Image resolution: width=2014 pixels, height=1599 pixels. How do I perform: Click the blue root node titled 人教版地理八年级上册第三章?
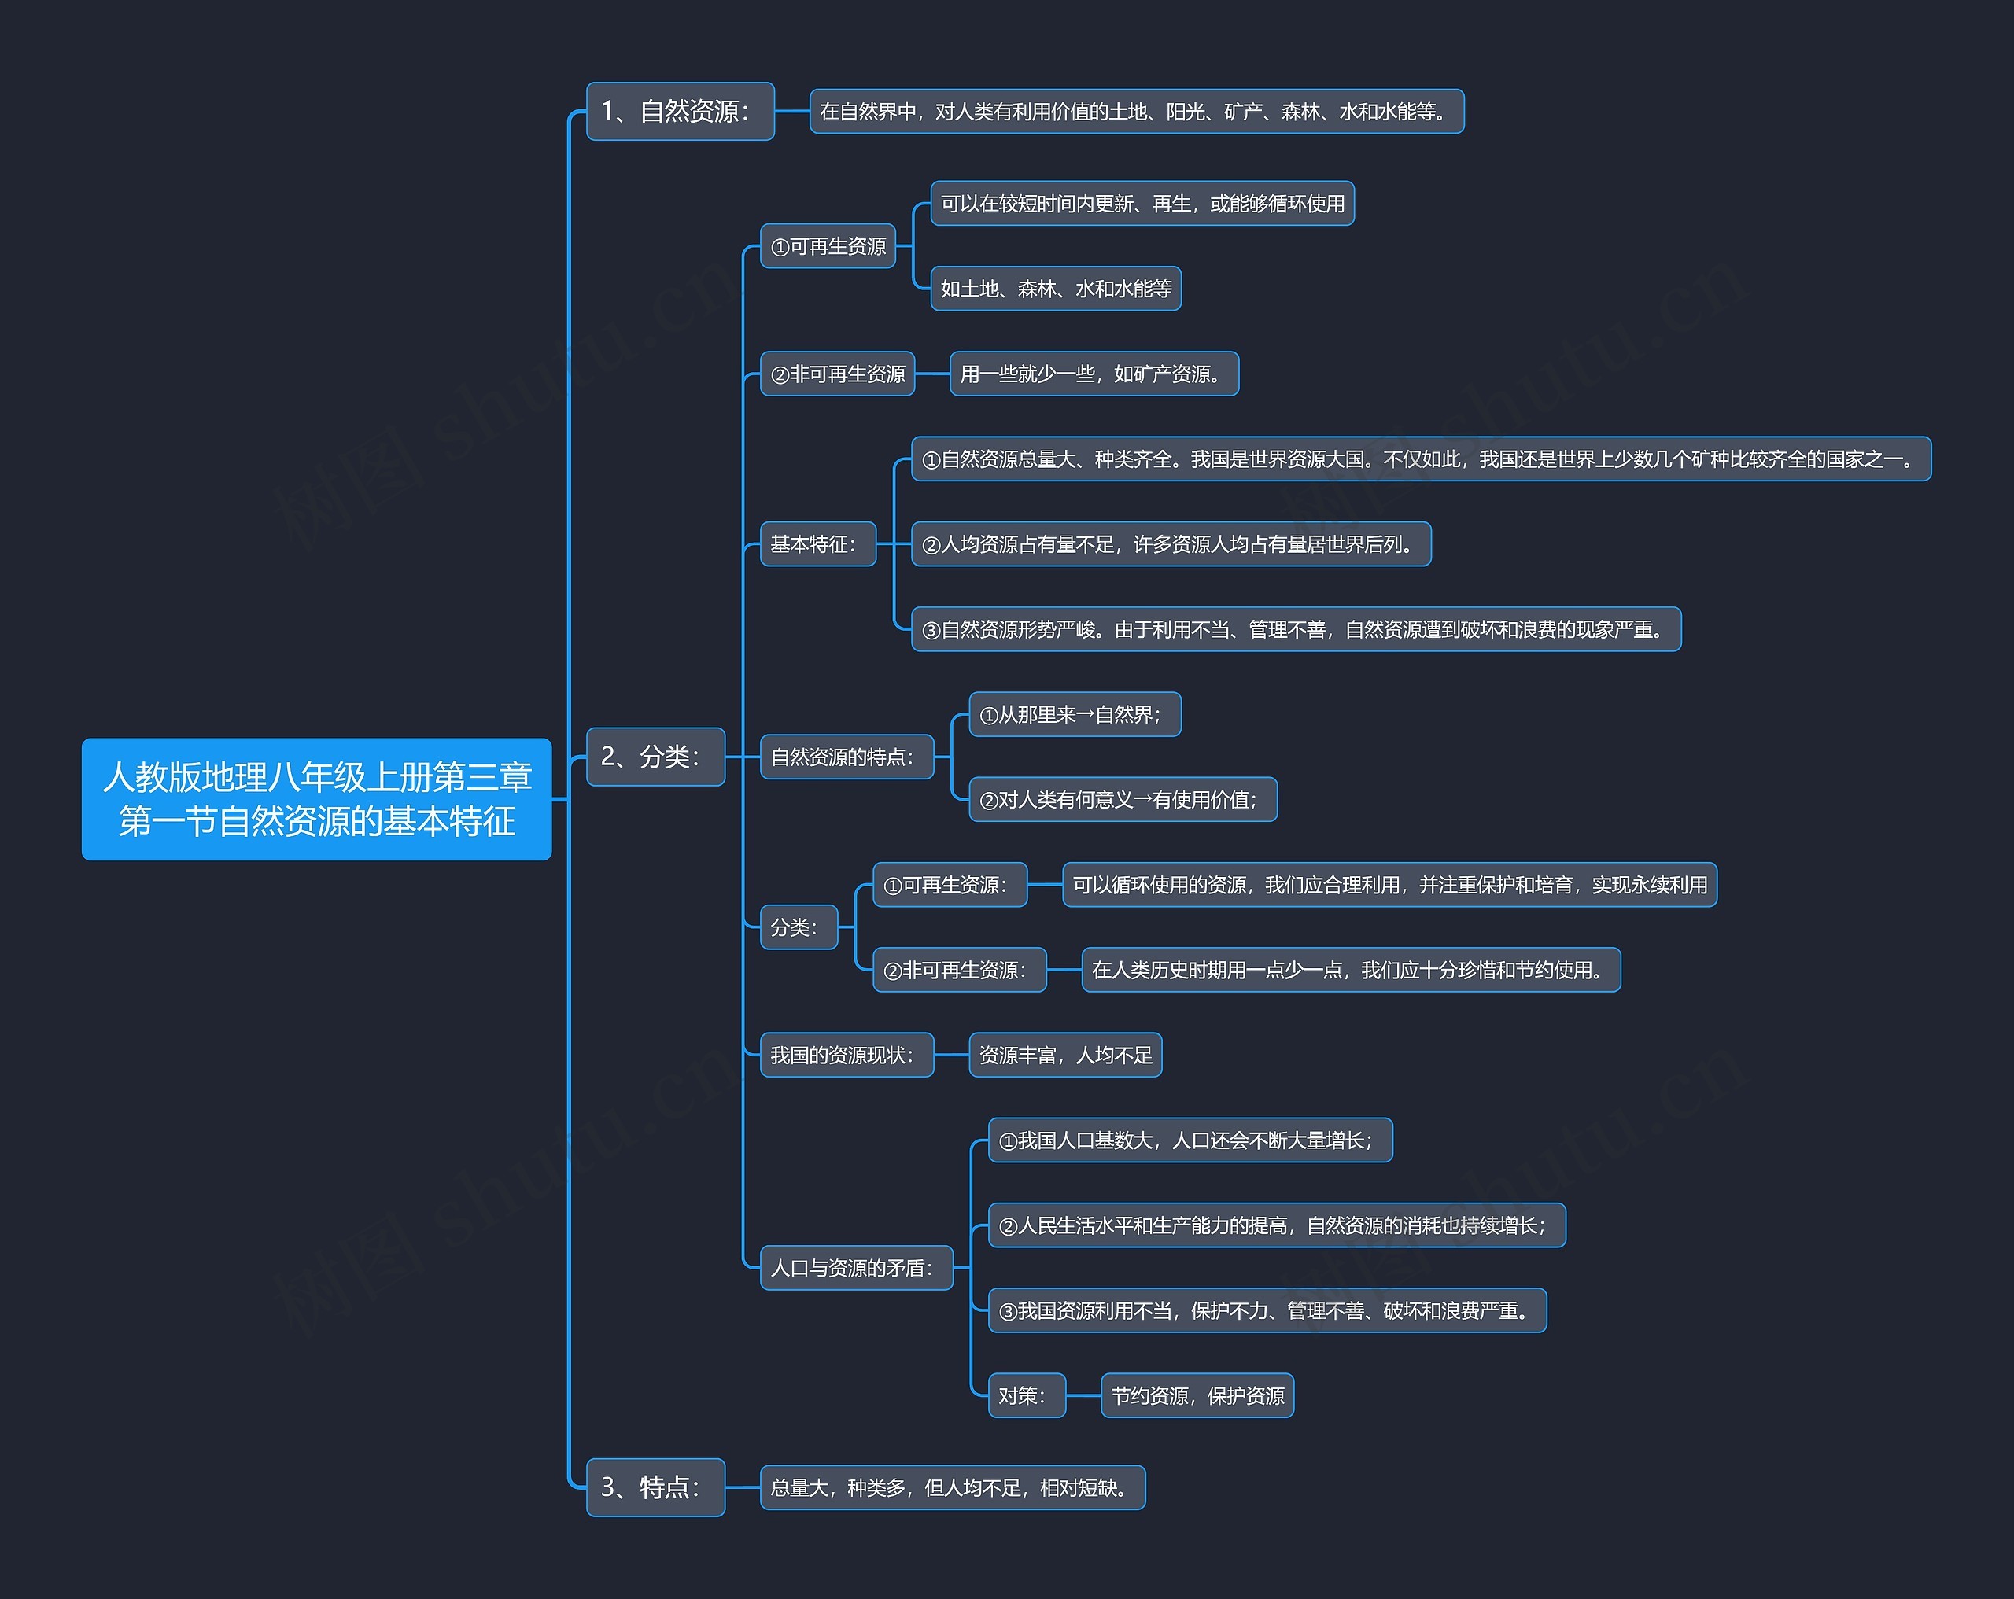click(317, 798)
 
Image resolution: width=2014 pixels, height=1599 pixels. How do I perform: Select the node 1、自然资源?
click(679, 111)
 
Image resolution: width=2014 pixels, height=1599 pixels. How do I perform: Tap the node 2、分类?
click(655, 757)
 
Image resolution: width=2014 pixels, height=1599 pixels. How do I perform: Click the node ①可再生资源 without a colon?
click(828, 247)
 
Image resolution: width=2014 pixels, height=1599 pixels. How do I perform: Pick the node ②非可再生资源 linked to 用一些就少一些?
click(837, 374)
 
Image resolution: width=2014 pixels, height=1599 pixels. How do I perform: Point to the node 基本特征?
click(817, 543)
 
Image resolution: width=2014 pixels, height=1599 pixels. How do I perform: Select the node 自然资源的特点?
click(847, 757)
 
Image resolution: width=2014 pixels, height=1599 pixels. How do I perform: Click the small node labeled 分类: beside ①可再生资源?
click(799, 927)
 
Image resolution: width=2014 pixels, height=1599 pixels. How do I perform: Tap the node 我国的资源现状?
click(847, 1056)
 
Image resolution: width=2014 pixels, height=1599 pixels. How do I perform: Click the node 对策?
click(1027, 1395)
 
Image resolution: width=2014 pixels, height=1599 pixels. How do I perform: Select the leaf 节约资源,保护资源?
click(1197, 1395)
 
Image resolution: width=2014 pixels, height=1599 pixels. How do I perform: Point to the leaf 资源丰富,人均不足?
click(1065, 1056)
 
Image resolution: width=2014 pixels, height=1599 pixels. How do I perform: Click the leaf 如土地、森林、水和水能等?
click(1056, 289)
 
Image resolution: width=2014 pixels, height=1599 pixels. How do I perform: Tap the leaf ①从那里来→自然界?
click(1074, 714)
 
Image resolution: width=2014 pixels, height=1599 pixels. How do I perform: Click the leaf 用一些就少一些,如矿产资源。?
click(1094, 374)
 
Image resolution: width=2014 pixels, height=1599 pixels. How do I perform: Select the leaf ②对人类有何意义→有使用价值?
click(1122, 799)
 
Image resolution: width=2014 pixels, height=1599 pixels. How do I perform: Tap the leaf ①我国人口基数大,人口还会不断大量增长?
click(1190, 1140)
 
